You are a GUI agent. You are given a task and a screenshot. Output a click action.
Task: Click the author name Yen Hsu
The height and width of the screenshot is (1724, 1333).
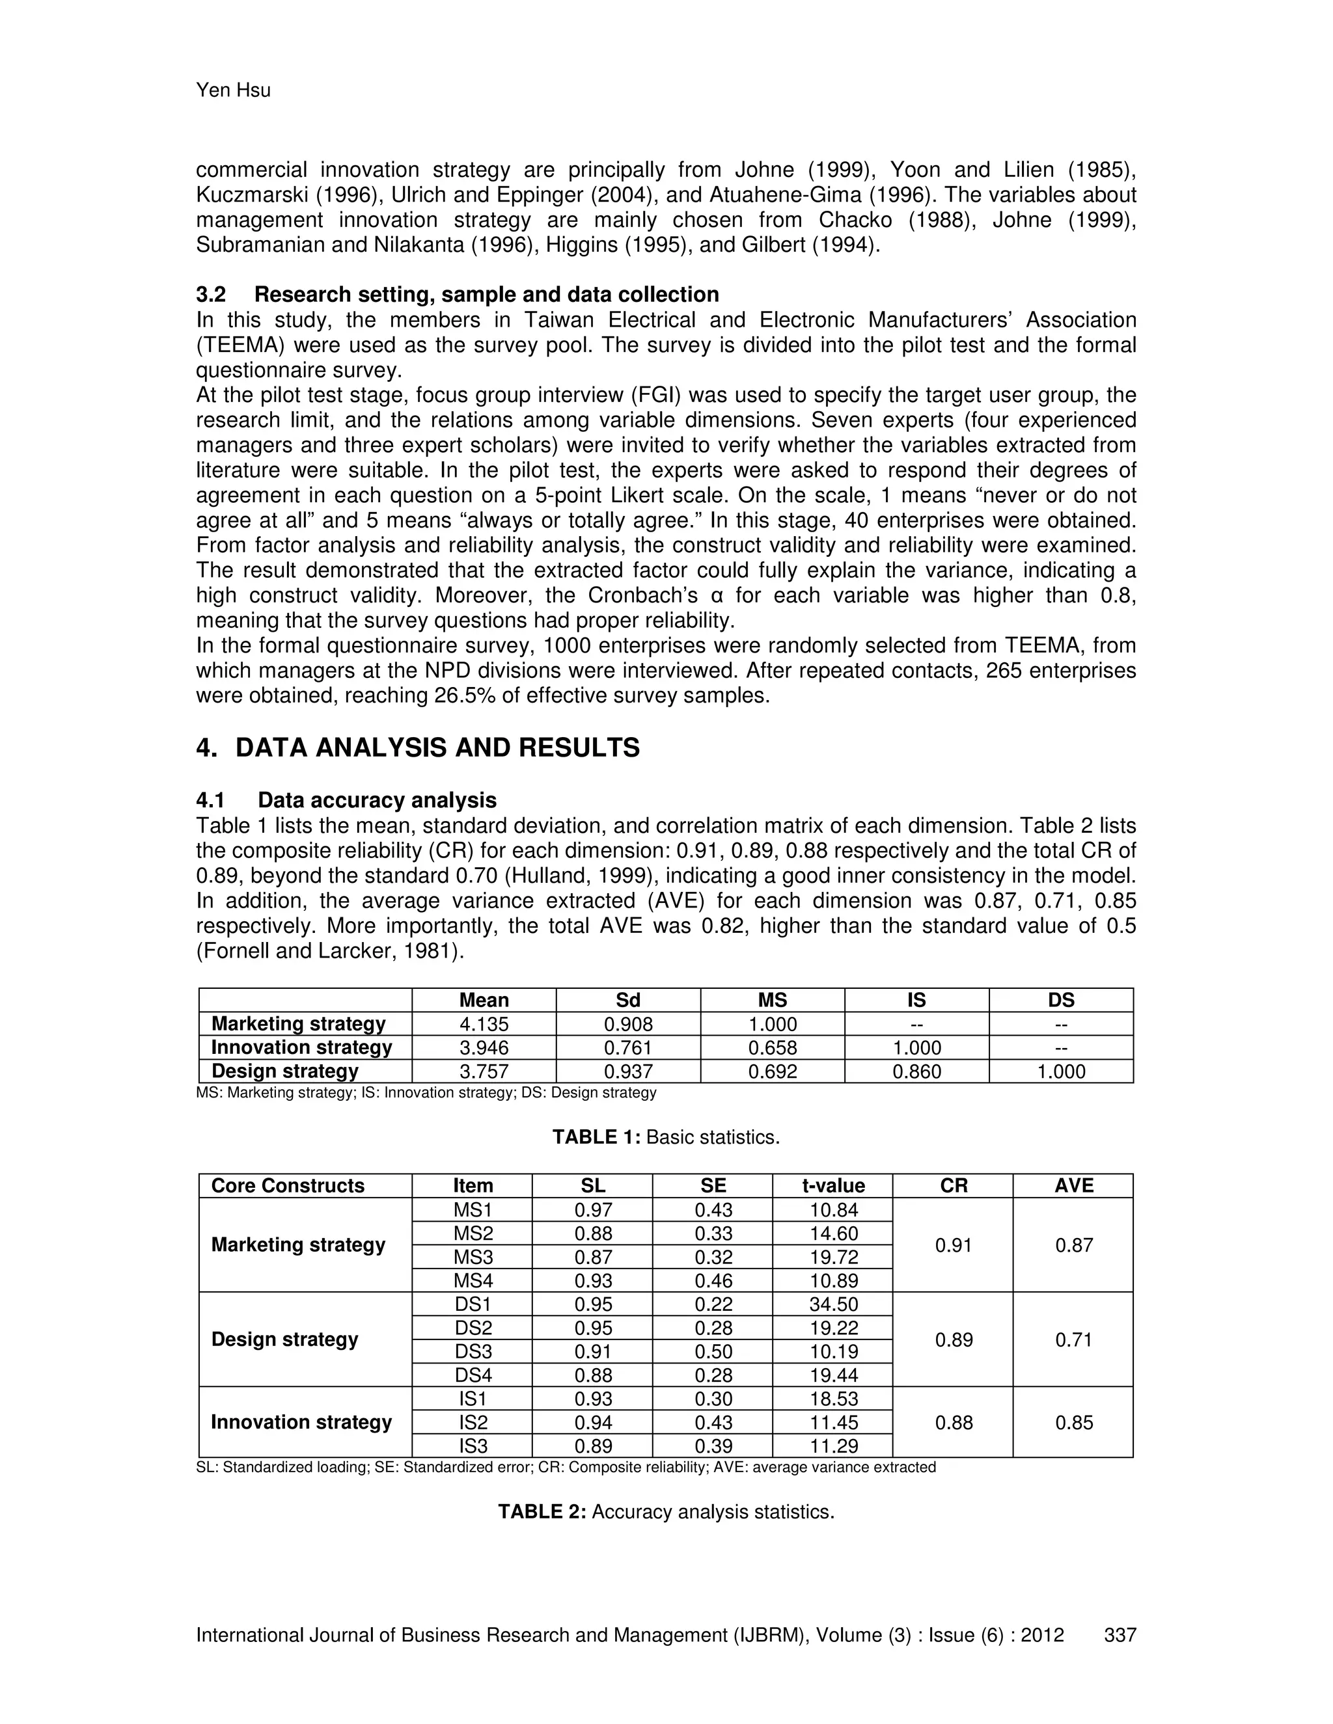233,91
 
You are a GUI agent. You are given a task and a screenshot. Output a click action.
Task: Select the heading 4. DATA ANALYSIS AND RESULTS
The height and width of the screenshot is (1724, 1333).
418,748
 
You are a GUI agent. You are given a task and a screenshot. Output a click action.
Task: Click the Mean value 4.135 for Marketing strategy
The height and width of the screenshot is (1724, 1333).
484,1024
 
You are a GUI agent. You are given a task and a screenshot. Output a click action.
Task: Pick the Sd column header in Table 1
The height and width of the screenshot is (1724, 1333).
628,1000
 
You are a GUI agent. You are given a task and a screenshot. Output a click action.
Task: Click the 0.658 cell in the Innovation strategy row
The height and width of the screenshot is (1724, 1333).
773,1047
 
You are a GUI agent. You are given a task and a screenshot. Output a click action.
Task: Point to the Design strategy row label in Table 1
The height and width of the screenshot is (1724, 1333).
285,1071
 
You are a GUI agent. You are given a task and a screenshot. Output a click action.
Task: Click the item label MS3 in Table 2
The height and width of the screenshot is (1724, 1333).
473,1257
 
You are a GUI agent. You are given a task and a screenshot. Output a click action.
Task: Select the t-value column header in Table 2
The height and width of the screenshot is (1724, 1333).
833,1185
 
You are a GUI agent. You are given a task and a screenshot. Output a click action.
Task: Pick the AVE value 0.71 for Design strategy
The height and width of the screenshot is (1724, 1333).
1073,1340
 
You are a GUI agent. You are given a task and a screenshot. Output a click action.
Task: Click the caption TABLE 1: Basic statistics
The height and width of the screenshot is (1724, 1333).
666,1137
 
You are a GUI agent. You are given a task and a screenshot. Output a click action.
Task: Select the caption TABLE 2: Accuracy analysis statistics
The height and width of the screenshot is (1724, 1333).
666,1512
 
